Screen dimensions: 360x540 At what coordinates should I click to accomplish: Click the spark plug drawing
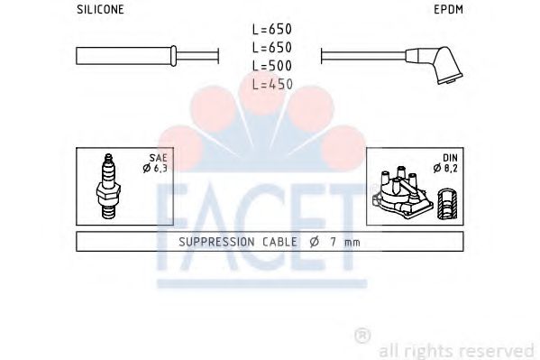click(x=109, y=188)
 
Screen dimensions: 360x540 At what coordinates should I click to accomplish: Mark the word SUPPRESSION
click(x=218, y=242)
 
